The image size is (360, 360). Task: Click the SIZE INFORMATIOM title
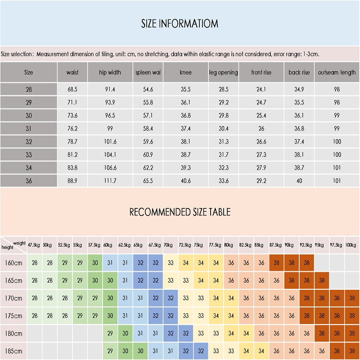[180, 24]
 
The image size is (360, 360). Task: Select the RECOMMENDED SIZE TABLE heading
[180, 212]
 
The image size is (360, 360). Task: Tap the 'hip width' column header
[110, 72]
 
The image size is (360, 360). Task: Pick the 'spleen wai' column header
[148, 72]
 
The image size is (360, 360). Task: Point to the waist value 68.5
[72, 89]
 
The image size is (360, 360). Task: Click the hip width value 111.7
[110, 181]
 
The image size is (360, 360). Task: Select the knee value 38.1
[186, 142]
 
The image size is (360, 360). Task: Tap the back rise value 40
[299, 181]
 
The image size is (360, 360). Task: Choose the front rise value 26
[261, 129]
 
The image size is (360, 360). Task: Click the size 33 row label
[29, 155]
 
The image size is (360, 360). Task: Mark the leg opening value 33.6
[224, 181]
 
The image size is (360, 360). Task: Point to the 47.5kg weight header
[34, 245]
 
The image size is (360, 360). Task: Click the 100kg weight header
[351, 245]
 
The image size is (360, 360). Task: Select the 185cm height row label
[13, 351]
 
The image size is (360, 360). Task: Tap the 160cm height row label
[13, 263]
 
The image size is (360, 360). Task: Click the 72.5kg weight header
[185, 245]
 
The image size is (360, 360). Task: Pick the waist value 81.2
[72, 155]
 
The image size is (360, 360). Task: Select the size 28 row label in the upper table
[29, 89]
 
